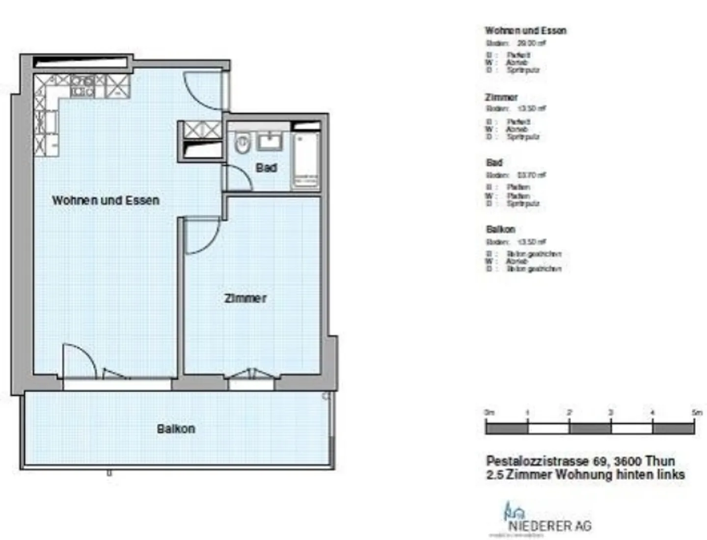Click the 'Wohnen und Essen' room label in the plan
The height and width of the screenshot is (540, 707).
(106, 200)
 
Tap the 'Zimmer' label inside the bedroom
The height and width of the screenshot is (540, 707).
(245, 298)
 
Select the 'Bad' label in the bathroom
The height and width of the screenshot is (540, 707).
(266, 168)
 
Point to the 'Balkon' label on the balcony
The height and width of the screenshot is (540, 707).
(176, 429)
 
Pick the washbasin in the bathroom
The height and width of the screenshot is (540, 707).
(270, 141)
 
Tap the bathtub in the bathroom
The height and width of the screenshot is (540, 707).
(305, 160)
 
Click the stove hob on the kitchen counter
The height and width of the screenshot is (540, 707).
(82, 86)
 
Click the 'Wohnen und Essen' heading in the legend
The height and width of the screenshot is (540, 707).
(525, 30)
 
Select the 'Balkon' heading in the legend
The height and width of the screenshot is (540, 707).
(500, 229)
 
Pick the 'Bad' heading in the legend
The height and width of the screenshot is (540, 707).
(494, 162)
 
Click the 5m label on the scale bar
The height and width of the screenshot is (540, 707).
(696, 413)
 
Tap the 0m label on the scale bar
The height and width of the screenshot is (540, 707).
(489, 413)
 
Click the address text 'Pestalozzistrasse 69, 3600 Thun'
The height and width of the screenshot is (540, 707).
(580, 461)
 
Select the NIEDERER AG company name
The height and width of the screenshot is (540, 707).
(549, 526)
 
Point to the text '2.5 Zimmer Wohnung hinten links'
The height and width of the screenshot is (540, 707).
(585, 475)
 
